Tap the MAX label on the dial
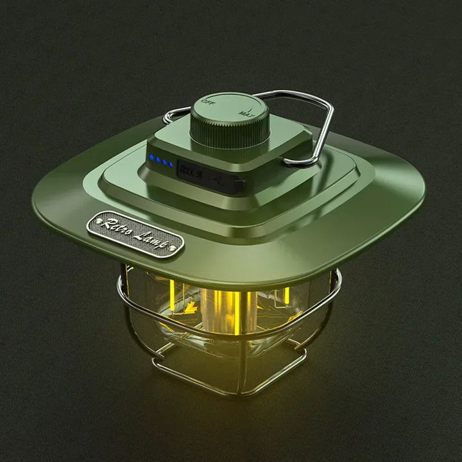pos(243,110)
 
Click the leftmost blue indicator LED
pos(151,158)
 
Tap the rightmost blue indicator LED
pos(170,165)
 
